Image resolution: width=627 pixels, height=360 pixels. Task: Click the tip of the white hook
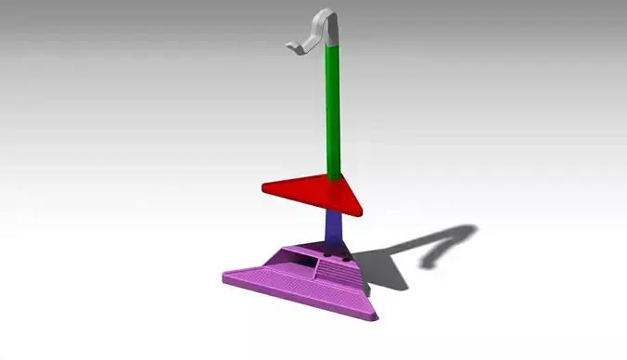pos(287,46)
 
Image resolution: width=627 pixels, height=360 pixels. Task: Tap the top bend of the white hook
pos(325,14)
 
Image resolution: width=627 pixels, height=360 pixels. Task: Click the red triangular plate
pos(320,190)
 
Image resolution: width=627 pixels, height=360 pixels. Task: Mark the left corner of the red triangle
pos(265,188)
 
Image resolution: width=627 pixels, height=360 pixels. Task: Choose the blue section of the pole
pos(335,227)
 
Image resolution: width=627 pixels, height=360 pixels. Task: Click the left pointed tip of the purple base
pos(225,275)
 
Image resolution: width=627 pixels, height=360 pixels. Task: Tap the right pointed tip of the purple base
pos(377,318)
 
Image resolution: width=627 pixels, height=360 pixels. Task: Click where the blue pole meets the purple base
pos(336,246)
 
